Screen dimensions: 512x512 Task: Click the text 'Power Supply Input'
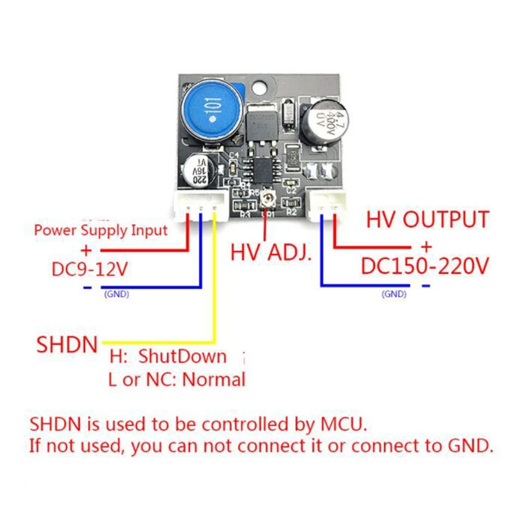point(100,229)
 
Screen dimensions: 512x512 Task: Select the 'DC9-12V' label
point(90,269)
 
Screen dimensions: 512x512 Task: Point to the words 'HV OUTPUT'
point(428,220)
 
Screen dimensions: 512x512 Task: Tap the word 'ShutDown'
point(184,356)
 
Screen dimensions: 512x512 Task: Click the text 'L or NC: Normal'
point(177,380)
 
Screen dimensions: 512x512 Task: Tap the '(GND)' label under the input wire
point(117,294)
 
